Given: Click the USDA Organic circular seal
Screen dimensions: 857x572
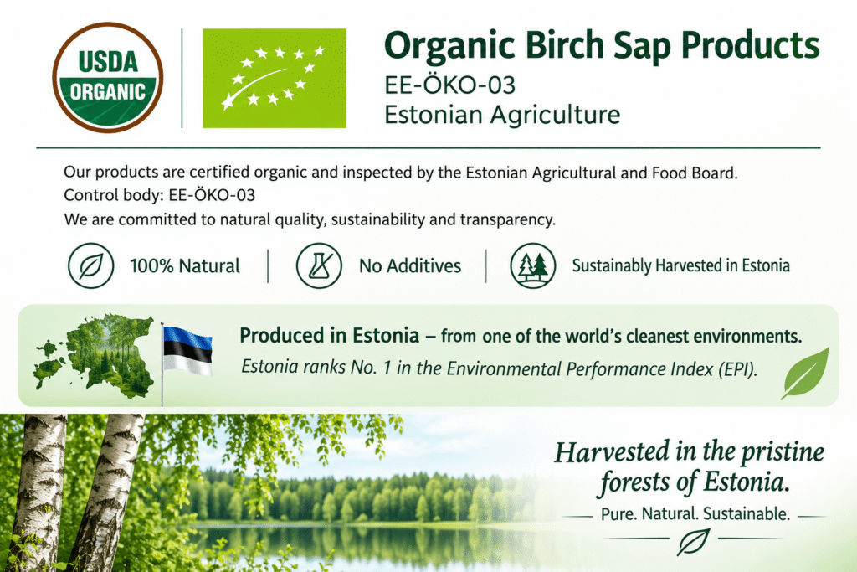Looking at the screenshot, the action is (x=108, y=77).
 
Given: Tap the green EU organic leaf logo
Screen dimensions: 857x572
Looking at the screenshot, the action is (x=275, y=78).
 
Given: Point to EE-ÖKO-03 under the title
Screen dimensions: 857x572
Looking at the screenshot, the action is (x=449, y=85).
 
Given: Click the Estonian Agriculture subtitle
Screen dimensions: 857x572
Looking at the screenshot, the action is (x=502, y=115).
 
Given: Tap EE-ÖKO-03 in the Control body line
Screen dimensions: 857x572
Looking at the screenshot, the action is (x=212, y=195).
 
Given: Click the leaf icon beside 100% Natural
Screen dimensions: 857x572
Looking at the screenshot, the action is (x=90, y=265).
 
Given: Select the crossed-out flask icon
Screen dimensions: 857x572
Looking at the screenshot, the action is (x=319, y=265).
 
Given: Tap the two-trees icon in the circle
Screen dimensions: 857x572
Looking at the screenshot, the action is (x=533, y=265).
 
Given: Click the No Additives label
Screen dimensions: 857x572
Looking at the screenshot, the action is (x=410, y=265).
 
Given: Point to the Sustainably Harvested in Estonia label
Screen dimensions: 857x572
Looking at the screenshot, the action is (x=681, y=265).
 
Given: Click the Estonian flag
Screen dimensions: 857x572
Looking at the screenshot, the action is (x=186, y=351).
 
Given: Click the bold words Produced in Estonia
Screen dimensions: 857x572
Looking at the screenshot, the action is (x=330, y=335).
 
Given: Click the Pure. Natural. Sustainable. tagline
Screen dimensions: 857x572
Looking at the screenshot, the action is (x=695, y=514).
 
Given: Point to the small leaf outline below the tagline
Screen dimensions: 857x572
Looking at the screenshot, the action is (x=694, y=541).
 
